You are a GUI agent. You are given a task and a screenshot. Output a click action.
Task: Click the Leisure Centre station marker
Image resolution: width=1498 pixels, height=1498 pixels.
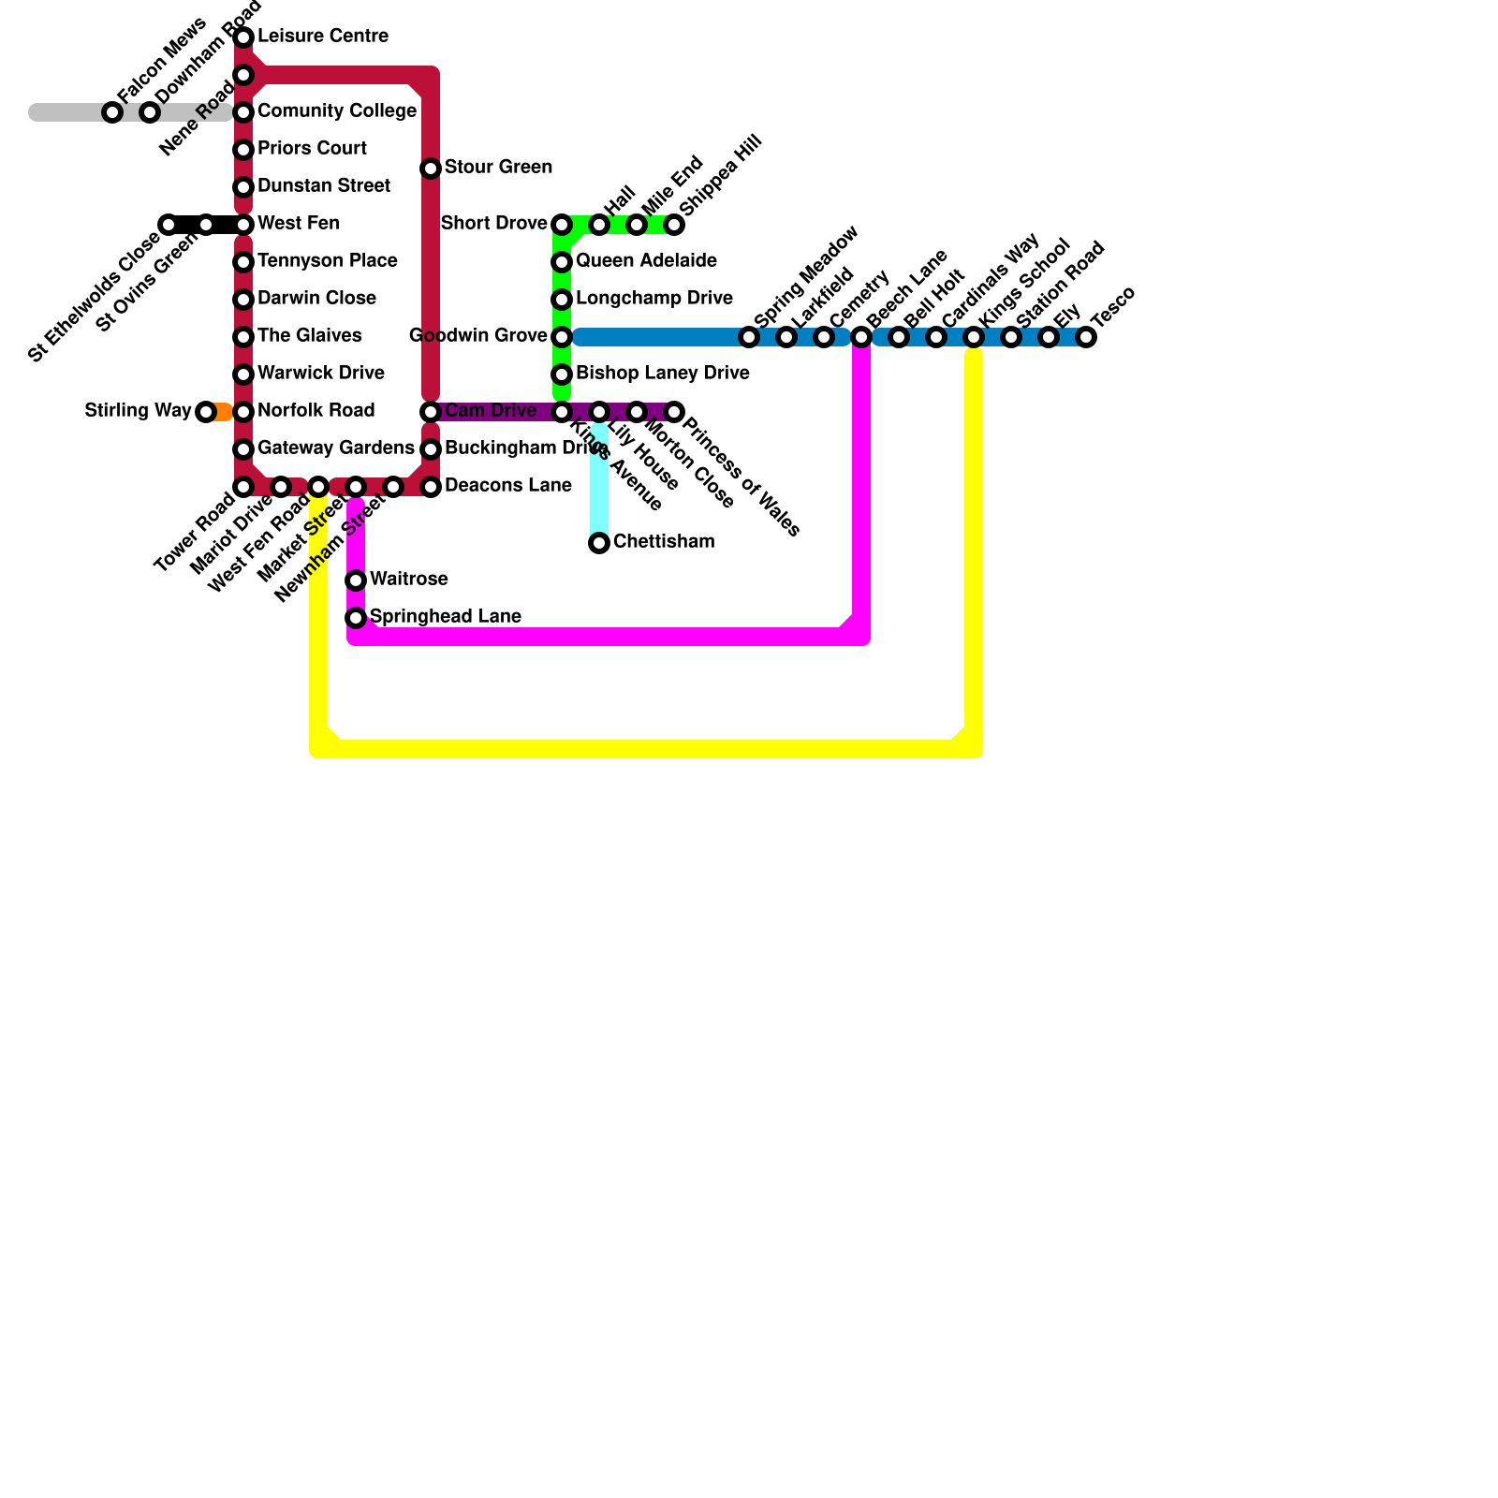[243, 37]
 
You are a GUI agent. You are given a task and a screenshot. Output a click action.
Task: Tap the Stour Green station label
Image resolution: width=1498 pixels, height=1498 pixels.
[498, 168]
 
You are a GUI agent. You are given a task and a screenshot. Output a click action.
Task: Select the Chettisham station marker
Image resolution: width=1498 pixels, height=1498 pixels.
[599, 543]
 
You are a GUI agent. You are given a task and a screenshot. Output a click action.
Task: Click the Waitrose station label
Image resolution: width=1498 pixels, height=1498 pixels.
[408, 580]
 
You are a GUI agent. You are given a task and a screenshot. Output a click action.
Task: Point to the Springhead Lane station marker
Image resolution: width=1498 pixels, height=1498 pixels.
[356, 618]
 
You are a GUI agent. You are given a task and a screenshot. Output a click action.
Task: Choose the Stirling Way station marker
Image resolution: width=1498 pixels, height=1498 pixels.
[206, 412]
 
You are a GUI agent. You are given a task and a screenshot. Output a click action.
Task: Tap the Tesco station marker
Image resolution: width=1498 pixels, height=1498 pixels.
[1086, 337]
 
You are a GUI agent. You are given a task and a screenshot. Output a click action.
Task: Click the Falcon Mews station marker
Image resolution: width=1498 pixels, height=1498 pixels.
[112, 112]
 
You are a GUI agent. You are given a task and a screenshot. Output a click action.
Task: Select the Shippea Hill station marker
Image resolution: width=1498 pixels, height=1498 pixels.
[674, 225]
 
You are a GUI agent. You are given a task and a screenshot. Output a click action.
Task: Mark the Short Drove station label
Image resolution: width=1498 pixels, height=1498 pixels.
[493, 224]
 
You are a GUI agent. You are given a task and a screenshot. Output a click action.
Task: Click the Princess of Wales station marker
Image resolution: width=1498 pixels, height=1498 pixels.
[674, 412]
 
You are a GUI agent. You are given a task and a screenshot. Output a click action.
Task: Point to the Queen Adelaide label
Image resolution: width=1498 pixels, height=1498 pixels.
[646, 261]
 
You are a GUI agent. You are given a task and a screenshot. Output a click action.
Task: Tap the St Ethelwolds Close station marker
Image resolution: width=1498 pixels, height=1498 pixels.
[169, 225]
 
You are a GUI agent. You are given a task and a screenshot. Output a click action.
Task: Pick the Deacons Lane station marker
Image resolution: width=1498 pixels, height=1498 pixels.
[431, 487]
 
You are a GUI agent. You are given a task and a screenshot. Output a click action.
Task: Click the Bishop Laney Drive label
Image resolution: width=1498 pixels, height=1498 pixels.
[662, 374]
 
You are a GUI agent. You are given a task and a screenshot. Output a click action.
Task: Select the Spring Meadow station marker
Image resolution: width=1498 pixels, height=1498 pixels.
[749, 337]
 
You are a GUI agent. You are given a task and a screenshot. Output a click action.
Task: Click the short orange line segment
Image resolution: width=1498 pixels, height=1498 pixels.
[222, 412]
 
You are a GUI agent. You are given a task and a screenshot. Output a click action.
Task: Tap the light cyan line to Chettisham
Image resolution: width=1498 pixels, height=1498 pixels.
[599, 482]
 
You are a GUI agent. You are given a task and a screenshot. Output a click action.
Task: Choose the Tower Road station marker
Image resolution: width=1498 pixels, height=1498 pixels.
[243, 487]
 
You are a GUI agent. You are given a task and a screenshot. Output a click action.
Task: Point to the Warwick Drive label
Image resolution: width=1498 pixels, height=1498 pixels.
[320, 374]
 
